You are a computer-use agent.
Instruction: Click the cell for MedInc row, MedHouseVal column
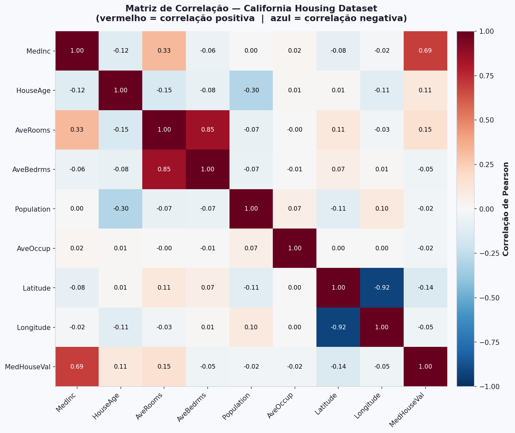coord(425,51)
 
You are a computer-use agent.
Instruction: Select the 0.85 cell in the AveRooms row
coord(208,130)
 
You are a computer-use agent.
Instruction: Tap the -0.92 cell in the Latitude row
coord(382,288)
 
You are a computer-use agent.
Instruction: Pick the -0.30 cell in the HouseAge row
coord(251,90)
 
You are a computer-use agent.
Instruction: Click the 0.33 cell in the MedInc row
coord(164,51)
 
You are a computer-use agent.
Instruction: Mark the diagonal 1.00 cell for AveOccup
coord(295,248)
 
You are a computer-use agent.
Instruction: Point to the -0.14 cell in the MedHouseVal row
coord(338,367)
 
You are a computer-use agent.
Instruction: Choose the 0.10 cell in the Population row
coord(382,209)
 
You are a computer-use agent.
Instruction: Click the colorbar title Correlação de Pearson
coord(506,209)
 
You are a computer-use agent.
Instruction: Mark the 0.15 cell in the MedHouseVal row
coord(164,367)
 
